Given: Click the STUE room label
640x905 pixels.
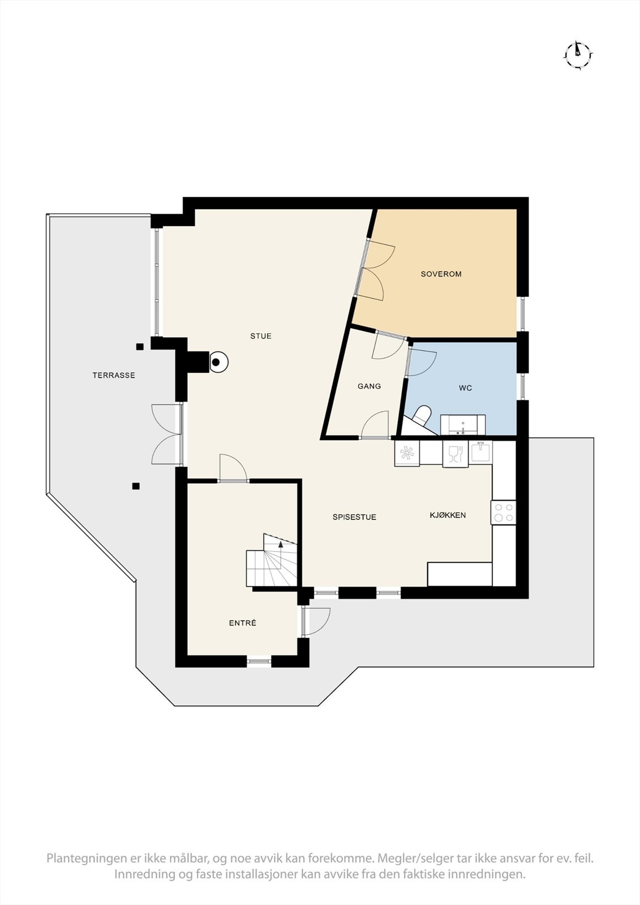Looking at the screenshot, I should click(x=261, y=336).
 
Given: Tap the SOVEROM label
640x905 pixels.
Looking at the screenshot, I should click(x=441, y=274).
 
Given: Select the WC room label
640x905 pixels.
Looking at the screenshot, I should click(x=465, y=388).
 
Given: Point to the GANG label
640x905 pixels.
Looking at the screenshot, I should click(x=369, y=386).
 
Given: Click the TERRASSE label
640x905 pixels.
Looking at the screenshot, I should click(x=114, y=375).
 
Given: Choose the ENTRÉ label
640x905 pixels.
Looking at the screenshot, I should click(x=242, y=623).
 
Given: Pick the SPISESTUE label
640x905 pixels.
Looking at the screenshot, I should click(x=354, y=517).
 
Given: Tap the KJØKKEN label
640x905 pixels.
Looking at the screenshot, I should click(x=448, y=515).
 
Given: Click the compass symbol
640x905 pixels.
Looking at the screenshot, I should click(x=578, y=55).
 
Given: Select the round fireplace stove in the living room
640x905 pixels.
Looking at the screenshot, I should click(x=217, y=362).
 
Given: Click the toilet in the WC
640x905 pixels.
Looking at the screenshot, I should click(x=421, y=415).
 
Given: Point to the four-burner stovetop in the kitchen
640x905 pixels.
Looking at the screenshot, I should click(x=504, y=512).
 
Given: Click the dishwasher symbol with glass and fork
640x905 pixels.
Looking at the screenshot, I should click(x=456, y=454).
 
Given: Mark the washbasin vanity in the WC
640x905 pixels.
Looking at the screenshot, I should click(x=462, y=424).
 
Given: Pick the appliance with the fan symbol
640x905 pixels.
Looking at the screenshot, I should click(x=407, y=453).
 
